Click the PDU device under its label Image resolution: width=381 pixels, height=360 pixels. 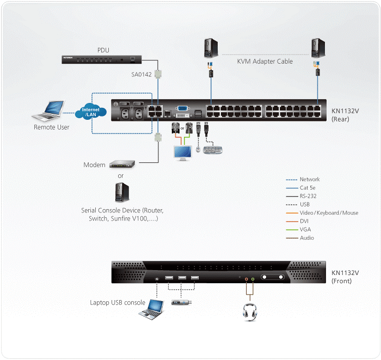103,59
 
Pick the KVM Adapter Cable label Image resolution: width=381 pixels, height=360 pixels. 265,62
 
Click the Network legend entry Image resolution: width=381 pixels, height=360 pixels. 310,179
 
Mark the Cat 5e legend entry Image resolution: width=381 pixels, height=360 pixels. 309,188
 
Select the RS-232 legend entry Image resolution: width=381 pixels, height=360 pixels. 309,196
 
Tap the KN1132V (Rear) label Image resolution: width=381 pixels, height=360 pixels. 345,113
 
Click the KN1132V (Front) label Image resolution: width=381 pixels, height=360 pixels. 345,277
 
